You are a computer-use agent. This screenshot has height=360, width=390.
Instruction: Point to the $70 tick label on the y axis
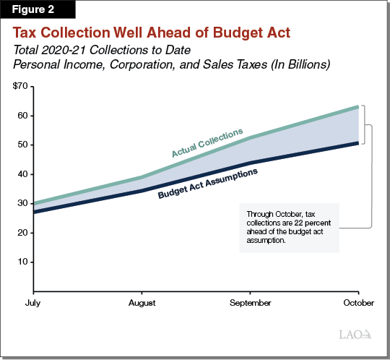21,86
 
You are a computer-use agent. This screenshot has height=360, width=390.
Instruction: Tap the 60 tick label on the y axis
22,116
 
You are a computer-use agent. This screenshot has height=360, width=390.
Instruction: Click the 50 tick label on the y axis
22,145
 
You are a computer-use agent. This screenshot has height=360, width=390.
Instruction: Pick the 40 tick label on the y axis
22,174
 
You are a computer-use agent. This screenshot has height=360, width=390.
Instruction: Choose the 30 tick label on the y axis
22,203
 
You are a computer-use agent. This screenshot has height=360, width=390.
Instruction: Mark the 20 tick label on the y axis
22,233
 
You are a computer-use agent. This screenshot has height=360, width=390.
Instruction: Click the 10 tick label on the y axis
22,262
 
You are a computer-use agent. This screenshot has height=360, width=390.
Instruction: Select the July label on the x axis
34,302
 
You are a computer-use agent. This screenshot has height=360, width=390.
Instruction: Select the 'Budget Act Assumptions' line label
207,184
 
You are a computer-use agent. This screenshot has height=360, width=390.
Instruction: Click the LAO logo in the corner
356,335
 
